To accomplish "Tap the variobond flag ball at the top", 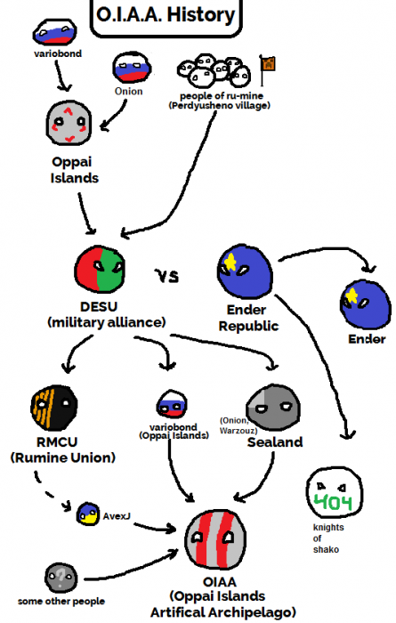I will click(56, 33).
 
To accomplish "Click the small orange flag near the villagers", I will click(265, 62).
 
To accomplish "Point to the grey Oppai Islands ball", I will click(69, 124).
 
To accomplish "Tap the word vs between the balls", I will click(169, 277).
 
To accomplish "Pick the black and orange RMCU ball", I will click(52, 409).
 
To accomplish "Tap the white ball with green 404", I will click(334, 495).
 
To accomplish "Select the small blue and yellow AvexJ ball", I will click(87, 514).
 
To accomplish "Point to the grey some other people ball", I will click(58, 576).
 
